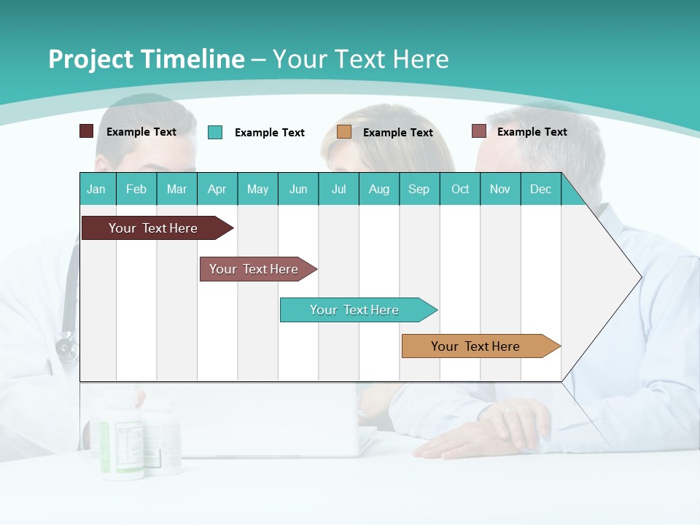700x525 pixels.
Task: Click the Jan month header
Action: pyautogui.click(x=96, y=189)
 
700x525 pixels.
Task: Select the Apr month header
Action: pyautogui.click(x=217, y=189)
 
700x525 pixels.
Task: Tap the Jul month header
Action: pyautogui.click(x=338, y=189)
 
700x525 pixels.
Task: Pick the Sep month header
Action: pyautogui.click(x=419, y=189)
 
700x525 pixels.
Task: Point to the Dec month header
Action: pyautogui.click(x=540, y=189)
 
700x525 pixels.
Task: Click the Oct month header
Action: pyautogui.click(x=460, y=189)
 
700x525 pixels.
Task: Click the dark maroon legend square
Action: pyautogui.click(x=86, y=131)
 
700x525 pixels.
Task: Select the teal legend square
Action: pyautogui.click(x=215, y=132)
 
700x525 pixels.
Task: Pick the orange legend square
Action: pyautogui.click(x=344, y=132)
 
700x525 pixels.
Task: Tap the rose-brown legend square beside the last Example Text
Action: pyautogui.click(x=479, y=131)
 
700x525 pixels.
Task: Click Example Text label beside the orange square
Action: pyautogui.click(x=397, y=132)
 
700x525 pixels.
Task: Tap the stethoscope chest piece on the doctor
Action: pyautogui.click(x=66, y=349)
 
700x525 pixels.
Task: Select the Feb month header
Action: pyautogui.click(x=136, y=189)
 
